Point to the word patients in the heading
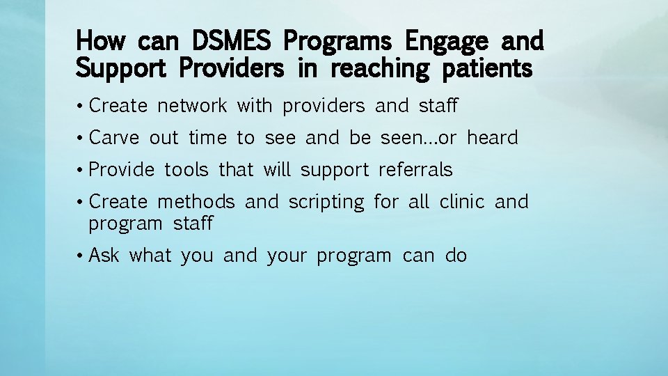pyautogui.click(x=486, y=69)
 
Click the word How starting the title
pyautogui.click(x=100, y=42)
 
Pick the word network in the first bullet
pyautogui.click(x=192, y=106)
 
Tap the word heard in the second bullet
pyautogui.click(x=493, y=138)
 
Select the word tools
pyautogui.click(x=186, y=170)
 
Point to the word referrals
pyautogui.click(x=415, y=170)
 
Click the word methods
pyautogui.click(x=196, y=202)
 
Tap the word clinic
pyautogui.click(x=462, y=202)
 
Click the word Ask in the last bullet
pyautogui.click(x=104, y=256)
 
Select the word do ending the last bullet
pyautogui.click(x=456, y=256)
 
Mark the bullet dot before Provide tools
pyautogui.click(x=81, y=171)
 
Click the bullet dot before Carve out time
pyautogui.click(x=81, y=139)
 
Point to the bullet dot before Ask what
pyautogui.click(x=81, y=256)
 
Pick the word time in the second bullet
pyautogui.click(x=207, y=138)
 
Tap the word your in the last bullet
pyautogui.click(x=287, y=256)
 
